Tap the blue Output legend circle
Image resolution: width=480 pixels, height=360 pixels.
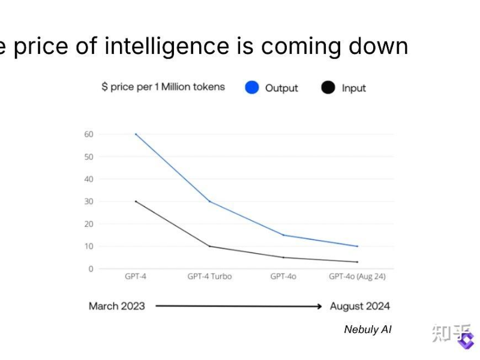click(x=252, y=88)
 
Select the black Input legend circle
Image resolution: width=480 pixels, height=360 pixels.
click(x=328, y=88)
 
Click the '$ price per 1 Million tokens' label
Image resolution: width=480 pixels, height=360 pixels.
click(x=163, y=87)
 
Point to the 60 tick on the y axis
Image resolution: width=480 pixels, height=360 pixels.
click(x=88, y=134)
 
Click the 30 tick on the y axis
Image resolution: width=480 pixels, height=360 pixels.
click(x=88, y=201)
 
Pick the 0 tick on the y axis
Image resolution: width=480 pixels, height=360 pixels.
click(x=91, y=269)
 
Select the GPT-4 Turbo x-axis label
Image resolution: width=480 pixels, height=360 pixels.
click(x=209, y=277)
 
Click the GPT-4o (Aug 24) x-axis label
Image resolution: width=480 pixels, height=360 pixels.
click(x=357, y=277)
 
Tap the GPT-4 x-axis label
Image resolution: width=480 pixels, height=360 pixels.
click(x=136, y=277)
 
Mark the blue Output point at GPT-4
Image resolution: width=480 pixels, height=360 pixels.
click(x=136, y=134)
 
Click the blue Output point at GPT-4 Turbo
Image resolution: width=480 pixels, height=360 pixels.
click(x=209, y=201)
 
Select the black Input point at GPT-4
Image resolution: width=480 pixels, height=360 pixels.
click(x=136, y=201)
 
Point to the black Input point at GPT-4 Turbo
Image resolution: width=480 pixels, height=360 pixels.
click(x=209, y=246)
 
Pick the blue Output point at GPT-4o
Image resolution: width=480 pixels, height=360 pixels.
click(x=283, y=235)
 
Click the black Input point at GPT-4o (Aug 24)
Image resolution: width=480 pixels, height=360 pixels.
click(x=357, y=262)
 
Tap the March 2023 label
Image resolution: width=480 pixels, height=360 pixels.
click(x=117, y=306)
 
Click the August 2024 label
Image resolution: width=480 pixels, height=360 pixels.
click(x=360, y=306)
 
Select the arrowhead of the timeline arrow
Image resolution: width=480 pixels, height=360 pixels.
click(x=319, y=306)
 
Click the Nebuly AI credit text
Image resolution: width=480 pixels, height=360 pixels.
click(x=368, y=329)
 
